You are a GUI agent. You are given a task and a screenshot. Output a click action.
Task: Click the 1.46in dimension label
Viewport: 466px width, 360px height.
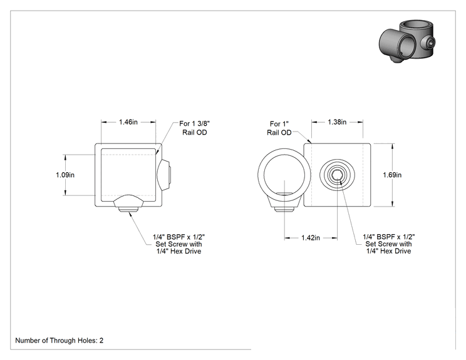tap(128, 122)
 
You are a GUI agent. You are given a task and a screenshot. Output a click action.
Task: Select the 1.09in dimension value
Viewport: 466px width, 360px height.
tap(65, 175)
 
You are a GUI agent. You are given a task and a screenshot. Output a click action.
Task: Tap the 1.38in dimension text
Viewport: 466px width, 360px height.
tap(337, 122)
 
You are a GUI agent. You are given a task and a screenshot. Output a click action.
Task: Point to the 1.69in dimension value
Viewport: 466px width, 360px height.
tap(392, 175)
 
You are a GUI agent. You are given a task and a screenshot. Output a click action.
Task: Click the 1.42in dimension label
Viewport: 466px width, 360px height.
tap(311, 238)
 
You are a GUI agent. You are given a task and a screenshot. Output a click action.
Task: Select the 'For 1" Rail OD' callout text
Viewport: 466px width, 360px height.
tap(279, 128)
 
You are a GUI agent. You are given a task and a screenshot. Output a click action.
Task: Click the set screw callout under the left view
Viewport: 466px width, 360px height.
tap(179, 244)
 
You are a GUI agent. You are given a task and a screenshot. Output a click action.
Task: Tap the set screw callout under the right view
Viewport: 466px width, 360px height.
tap(389, 244)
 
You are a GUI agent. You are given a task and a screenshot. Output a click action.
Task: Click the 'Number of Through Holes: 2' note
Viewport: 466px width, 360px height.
tap(59, 341)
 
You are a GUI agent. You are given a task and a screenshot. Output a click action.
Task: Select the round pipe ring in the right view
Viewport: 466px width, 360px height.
tap(284, 175)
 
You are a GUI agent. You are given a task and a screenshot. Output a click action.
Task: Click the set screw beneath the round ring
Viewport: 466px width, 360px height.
tap(284, 209)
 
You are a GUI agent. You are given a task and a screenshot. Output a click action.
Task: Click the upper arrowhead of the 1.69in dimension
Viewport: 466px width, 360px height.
tap(393, 145)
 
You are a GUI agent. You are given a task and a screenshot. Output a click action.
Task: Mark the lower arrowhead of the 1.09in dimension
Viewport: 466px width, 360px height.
tap(65, 193)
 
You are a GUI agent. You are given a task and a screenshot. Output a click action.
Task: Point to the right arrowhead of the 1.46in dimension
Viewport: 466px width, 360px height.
tap(153, 122)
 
